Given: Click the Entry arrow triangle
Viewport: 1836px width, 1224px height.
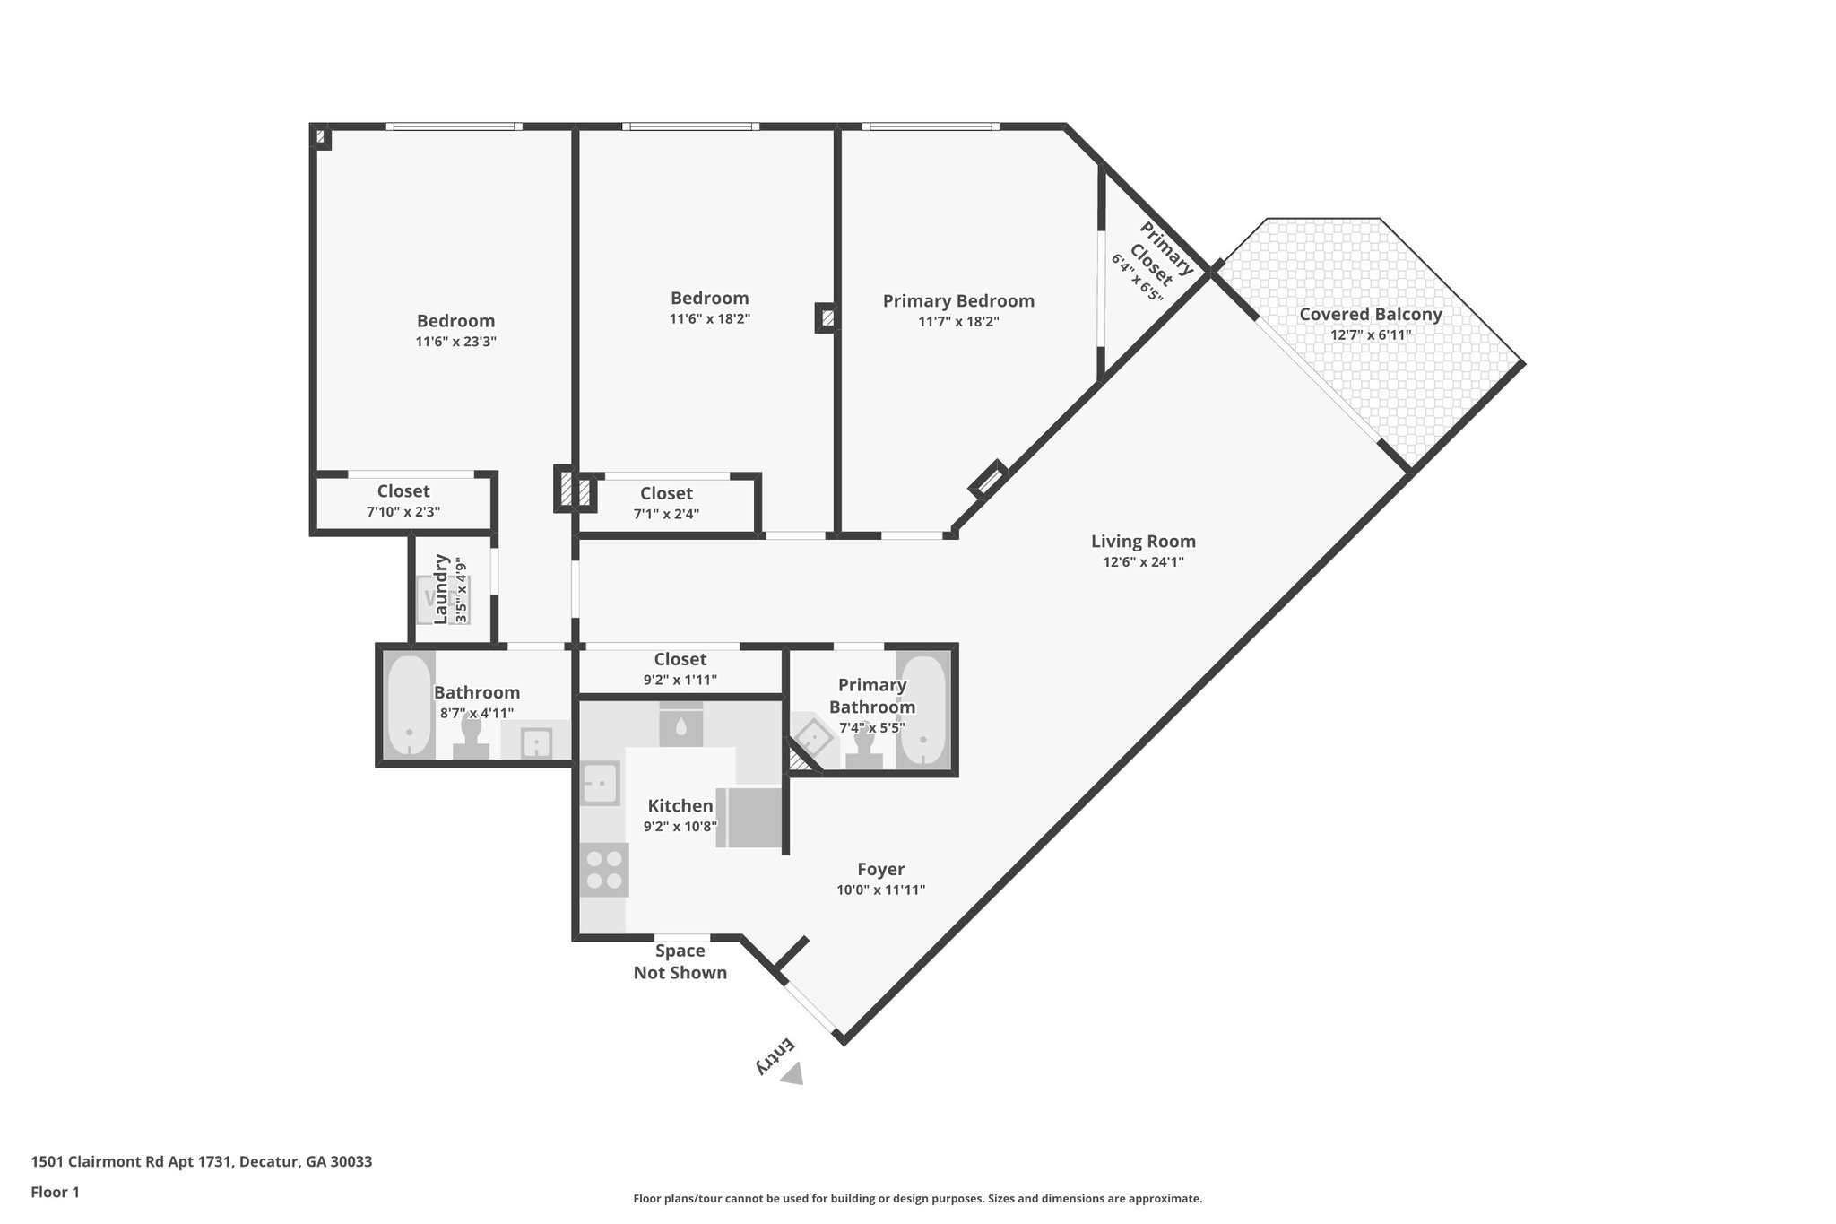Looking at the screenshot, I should pyautogui.click(x=792, y=1074).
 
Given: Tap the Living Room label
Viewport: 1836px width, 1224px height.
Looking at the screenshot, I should pyautogui.click(x=1143, y=542).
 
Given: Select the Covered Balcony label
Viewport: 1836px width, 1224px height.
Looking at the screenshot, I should pyautogui.click(x=1370, y=315).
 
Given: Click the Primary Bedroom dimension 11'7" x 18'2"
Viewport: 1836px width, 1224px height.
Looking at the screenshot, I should pyautogui.click(x=958, y=322).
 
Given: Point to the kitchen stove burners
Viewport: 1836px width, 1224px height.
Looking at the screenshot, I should pyautogui.click(x=603, y=870).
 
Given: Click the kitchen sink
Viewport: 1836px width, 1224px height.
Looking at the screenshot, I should pyautogui.click(x=600, y=783).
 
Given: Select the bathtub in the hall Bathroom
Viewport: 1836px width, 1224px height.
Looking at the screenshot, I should pyautogui.click(x=409, y=707).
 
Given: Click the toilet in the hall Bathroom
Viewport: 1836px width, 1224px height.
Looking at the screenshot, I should pyautogui.click(x=471, y=737).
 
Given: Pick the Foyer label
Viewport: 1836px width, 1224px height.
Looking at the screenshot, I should pyautogui.click(x=880, y=869).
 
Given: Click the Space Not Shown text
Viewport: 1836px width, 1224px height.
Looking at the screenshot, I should pyautogui.click(x=680, y=962).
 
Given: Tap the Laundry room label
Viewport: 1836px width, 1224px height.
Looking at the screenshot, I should pyautogui.click(x=441, y=588).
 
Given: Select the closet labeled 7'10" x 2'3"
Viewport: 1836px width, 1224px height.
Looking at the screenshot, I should pyautogui.click(x=403, y=501).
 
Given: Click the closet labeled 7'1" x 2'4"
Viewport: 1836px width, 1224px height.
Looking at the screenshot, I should pyautogui.click(x=666, y=503).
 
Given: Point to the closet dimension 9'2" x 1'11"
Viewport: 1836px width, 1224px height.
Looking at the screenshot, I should pyautogui.click(x=680, y=681).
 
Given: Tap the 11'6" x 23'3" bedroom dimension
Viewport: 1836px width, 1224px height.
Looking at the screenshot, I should pyautogui.click(x=455, y=342).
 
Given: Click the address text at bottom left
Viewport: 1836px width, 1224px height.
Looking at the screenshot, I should pyautogui.click(x=202, y=1162).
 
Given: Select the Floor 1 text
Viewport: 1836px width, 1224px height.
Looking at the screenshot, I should pyautogui.click(x=56, y=1193).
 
